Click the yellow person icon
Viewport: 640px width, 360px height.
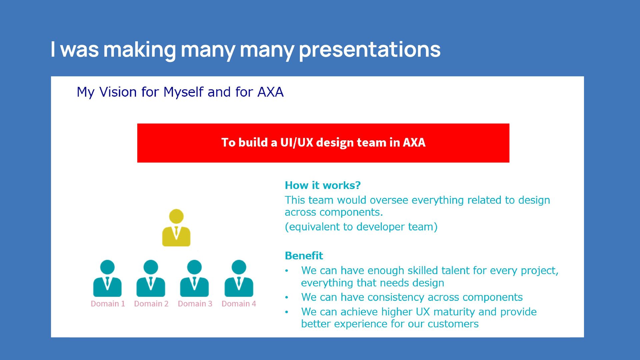point(176,228)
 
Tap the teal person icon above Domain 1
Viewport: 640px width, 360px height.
point(107,279)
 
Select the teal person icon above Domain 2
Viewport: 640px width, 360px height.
point(151,279)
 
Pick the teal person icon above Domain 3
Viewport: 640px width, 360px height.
point(194,279)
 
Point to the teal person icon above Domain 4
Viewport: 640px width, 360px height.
point(239,279)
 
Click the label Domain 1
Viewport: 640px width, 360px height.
point(108,304)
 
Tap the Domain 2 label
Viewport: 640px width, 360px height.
point(151,304)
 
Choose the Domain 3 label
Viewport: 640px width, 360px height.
point(195,304)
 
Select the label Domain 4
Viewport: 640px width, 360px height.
point(239,304)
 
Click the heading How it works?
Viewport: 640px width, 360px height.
point(323,185)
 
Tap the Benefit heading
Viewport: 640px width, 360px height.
point(304,256)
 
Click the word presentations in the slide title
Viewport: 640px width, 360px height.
point(370,50)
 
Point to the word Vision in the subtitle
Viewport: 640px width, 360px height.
point(118,92)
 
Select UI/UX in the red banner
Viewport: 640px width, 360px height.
point(297,142)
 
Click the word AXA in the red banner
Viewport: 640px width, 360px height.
point(414,142)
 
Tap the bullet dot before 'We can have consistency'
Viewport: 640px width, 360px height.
point(286,297)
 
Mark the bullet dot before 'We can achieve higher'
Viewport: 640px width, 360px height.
point(286,312)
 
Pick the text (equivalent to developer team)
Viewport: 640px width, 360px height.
point(361,227)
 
